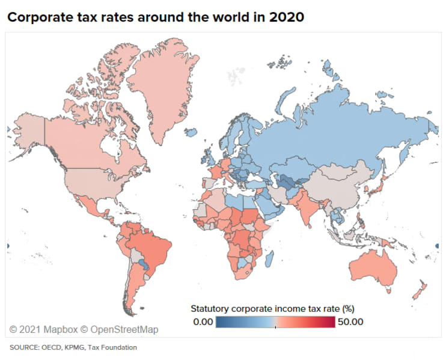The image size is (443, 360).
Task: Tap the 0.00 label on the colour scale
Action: (x=203, y=322)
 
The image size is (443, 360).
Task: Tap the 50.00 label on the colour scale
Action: (x=350, y=322)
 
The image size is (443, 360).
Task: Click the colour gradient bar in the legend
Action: (x=276, y=322)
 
